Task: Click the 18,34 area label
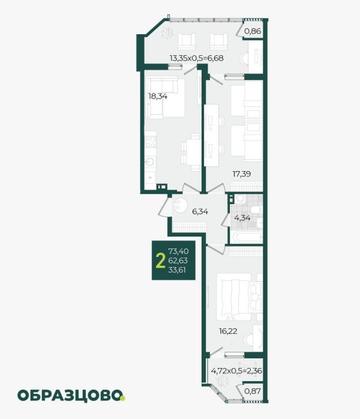[158, 96]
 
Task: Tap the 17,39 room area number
[242, 174]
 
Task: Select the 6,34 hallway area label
[200, 212]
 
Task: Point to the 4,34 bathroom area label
[242, 218]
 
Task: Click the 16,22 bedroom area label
[228, 331]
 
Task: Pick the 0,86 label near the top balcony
[253, 31]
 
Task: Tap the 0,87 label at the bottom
[253, 391]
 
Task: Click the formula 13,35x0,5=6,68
[197, 58]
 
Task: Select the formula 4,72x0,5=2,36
[236, 371]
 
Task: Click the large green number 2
[160, 261]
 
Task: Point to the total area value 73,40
[178, 251]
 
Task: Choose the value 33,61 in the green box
[177, 270]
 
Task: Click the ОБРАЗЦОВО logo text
[71, 396]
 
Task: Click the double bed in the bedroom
[233, 297]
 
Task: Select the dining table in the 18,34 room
[194, 153]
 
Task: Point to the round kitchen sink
[149, 162]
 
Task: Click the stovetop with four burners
[151, 142]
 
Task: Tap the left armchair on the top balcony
[187, 41]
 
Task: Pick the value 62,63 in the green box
[178, 261]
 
